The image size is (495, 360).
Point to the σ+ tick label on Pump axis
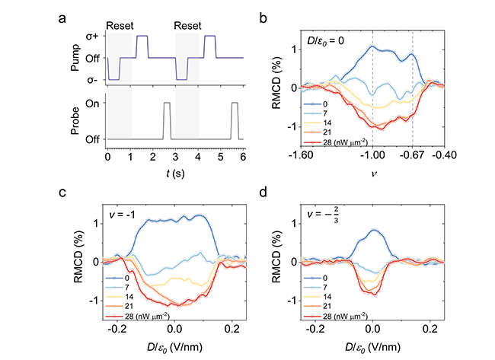point(93,36)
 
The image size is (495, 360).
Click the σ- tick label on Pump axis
point(94,79)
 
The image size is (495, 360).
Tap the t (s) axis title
point(174,171)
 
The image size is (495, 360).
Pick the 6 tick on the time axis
point(243,155)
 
